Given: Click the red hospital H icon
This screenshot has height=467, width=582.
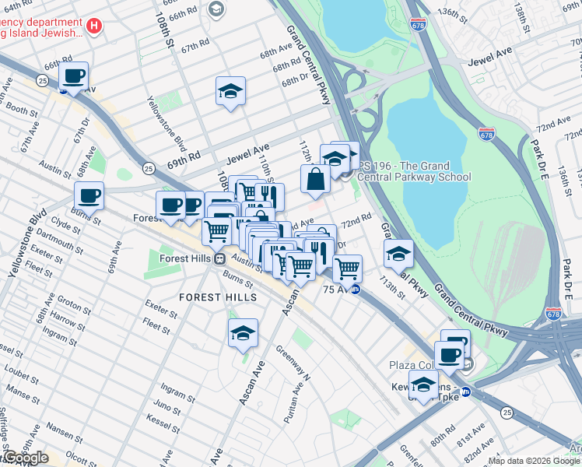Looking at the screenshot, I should click(93, 26).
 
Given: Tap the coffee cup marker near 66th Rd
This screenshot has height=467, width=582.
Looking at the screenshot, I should click(73, 76).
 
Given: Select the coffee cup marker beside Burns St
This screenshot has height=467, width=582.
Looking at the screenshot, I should click(89, 195).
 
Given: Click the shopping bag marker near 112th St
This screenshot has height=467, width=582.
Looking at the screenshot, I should click(316, 179).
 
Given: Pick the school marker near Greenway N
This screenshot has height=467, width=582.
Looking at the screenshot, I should click(244, 332).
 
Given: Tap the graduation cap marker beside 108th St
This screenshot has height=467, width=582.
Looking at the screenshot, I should click(230, 92).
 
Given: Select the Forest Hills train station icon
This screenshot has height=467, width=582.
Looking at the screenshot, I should click(220, 259).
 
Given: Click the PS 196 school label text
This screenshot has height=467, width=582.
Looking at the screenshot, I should click(415, 171).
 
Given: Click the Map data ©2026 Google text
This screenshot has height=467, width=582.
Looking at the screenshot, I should click(534, 462).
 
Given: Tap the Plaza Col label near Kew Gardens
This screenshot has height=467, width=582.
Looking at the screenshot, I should click(412, 365).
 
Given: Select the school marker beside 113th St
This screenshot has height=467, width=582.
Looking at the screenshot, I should click(398, 253).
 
